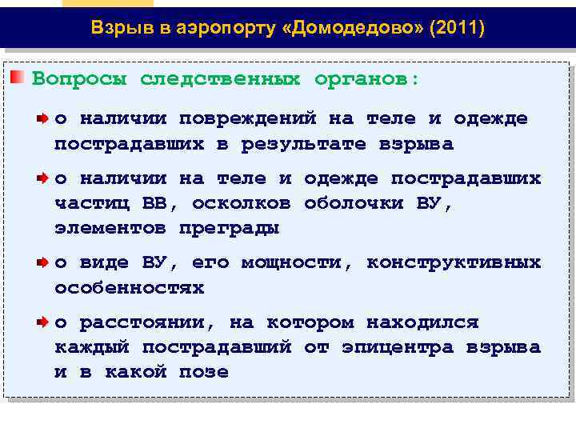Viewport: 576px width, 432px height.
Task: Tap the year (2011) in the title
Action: [457, 29]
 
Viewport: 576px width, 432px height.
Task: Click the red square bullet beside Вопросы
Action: [17, 78]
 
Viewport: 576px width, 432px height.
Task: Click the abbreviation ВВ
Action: [154, 203]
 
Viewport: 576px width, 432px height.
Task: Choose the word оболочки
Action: [354, 203]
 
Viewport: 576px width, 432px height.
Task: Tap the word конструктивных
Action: [454, 262]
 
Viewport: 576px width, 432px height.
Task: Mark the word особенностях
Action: [129, 287]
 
